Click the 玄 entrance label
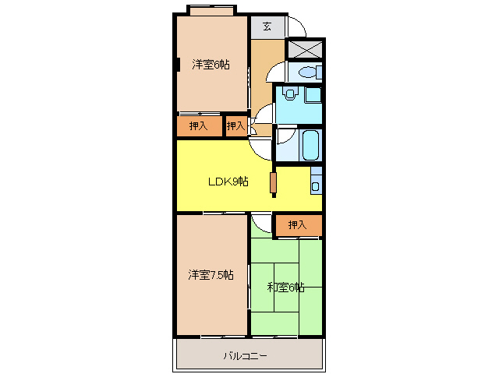(267, 26)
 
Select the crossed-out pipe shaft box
(305, 49)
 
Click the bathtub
(310, 145)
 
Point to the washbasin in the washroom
(289, 93)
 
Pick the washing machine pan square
(313, 94)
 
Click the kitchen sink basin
(315, 186)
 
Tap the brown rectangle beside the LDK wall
(273, 182)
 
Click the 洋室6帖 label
(211, 65)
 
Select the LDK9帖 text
(228, 182)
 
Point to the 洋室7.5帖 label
(211, 274)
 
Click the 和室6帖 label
(285, 288)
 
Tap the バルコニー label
(245, 355)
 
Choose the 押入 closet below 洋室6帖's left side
(200, 126)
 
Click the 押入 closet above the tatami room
(298, 225)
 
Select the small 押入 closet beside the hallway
(235, 126)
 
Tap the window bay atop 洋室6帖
(211, 10)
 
